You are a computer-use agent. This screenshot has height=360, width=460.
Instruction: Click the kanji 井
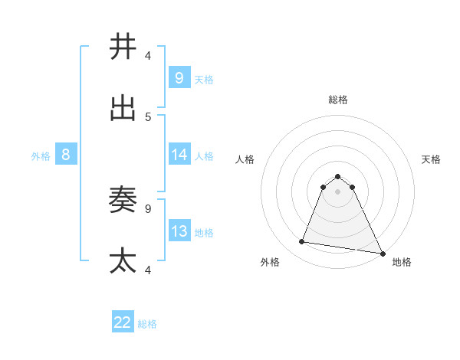(x=123, y=47)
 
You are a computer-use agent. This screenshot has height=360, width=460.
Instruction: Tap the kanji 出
(x=123, y=108)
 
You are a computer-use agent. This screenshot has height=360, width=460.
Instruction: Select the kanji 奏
(x=123, y=200)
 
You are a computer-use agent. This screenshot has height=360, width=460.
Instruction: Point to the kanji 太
(x=123, y=260)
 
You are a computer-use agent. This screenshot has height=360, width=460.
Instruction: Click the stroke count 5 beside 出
(x=148, y=116)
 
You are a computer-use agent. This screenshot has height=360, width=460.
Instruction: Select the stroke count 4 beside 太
(x=148, y=270)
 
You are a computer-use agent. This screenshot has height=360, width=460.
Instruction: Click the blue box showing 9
(x=179, y=77)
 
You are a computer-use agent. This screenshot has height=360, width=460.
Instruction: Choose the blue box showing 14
(x=179, y=155)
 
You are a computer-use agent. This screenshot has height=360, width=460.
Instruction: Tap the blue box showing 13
(x=179, y=231)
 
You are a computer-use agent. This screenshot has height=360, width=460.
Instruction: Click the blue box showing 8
(x=66, y=155)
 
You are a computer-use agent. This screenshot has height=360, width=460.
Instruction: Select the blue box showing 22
(x=123, y=322)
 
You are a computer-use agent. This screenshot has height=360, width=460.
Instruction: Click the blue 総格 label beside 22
(x=147, y=324)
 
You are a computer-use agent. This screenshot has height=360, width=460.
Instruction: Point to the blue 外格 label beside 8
(x=41, y=156)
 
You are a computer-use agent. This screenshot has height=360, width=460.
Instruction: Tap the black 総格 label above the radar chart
(x=337, y=100)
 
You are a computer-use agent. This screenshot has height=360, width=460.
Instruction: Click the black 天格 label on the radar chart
(x=431, y=159)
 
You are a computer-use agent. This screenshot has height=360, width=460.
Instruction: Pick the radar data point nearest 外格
(x=301, y=242)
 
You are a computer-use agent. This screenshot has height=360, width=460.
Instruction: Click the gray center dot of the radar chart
(x=337, y=191)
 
